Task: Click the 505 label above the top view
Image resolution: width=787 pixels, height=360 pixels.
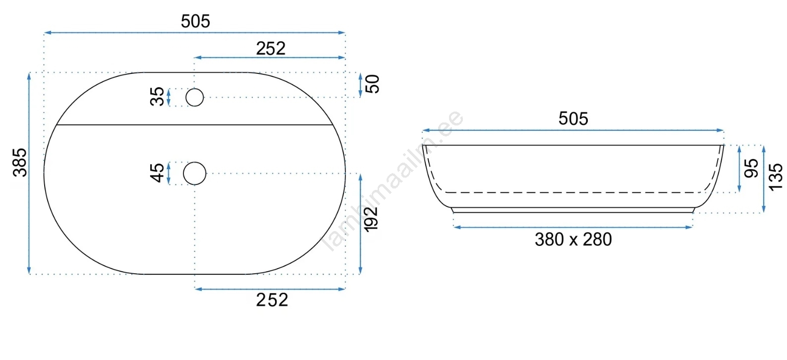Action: point(195,21)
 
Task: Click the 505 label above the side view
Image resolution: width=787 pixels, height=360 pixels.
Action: point(573,119)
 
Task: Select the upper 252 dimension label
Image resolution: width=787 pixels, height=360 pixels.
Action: point(271,49)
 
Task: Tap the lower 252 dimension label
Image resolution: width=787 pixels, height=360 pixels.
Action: point(272,300)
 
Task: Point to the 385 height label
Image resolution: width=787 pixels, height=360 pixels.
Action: point(20,163)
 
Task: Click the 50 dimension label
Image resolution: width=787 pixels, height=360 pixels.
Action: point(372,84)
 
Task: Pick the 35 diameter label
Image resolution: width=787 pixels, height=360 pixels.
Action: point(157,96)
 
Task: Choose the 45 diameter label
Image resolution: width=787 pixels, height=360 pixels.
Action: point(157,173)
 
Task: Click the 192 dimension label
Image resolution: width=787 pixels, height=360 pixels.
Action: point(371,219)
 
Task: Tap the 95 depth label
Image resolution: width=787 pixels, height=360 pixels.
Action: point(751,169)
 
